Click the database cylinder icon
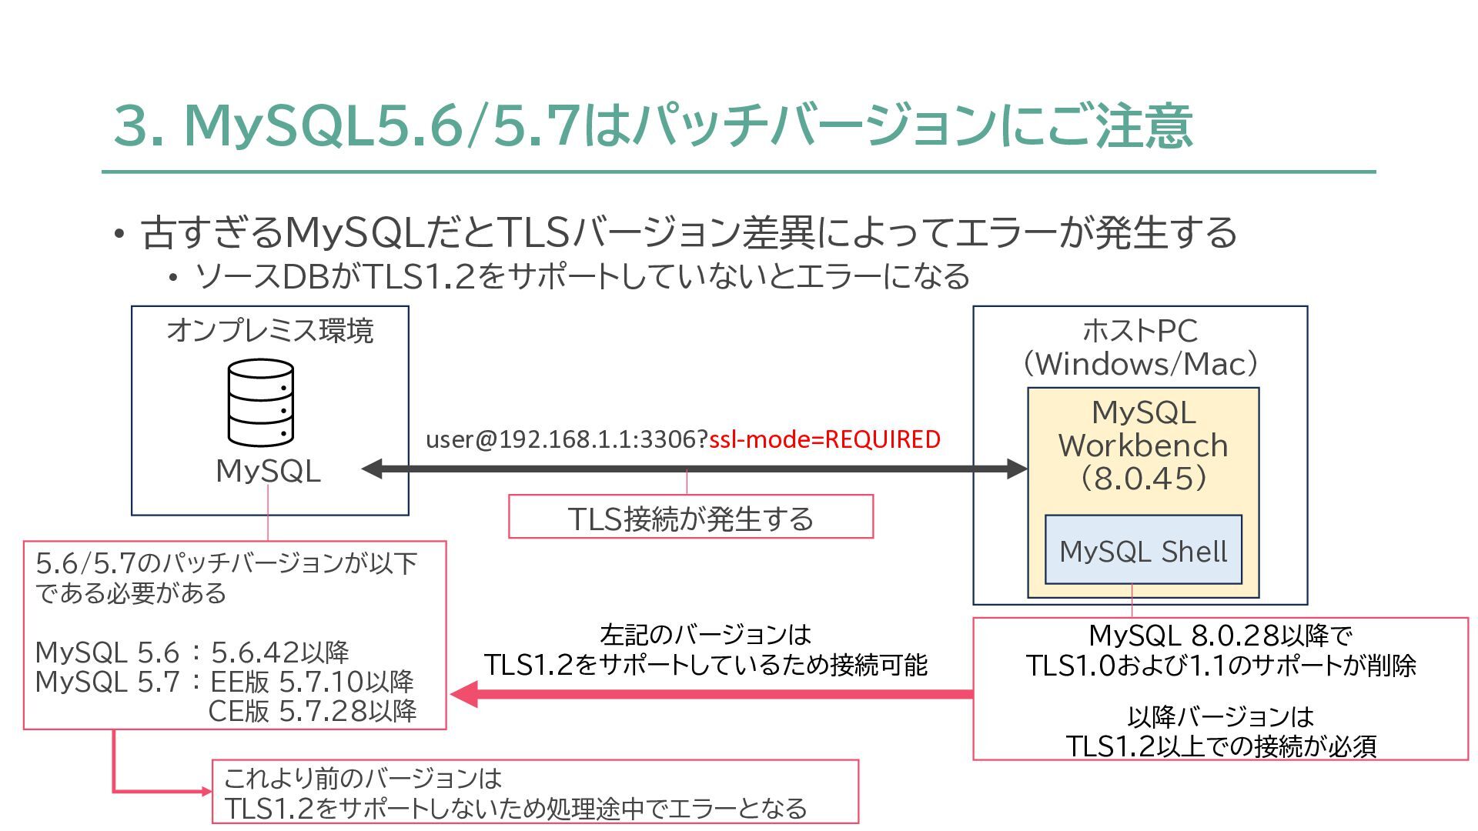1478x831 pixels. point(261,403)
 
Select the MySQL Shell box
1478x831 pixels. point(1143,550)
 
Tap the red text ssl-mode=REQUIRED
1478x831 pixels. point(824,439)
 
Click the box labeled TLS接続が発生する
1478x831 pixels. point(691,518)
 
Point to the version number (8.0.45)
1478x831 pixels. point(1143,479)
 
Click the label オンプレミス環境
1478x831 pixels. point(270,331)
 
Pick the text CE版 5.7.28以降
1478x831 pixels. point(313,711)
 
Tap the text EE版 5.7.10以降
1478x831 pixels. point(313,682)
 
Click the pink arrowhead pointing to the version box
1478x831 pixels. point(463,694)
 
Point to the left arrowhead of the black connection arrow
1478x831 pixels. point(373,469)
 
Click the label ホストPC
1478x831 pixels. point(1140,331)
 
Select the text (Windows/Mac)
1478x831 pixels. point(1140,364)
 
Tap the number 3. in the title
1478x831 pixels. point(139,126)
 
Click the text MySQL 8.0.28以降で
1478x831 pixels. point(1220,636)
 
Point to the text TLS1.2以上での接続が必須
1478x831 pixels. point(1220,746)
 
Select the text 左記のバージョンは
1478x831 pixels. point(705,635)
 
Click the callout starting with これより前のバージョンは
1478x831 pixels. point(535,793)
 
